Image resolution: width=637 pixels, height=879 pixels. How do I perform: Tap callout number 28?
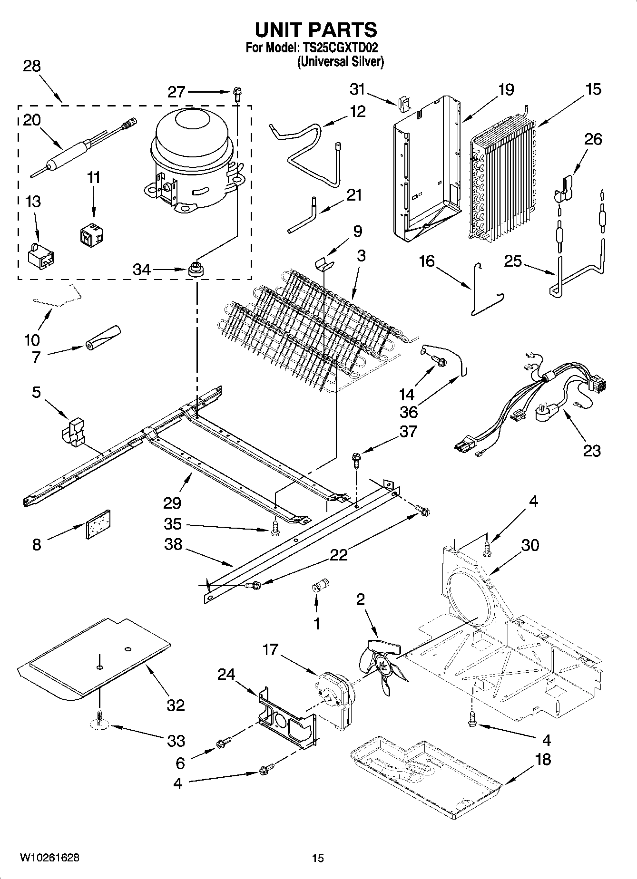click(x=32, y=66)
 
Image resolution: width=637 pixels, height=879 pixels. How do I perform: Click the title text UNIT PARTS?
click(x=316, y=29)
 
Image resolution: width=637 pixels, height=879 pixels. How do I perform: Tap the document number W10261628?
click(x=49, y=858)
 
